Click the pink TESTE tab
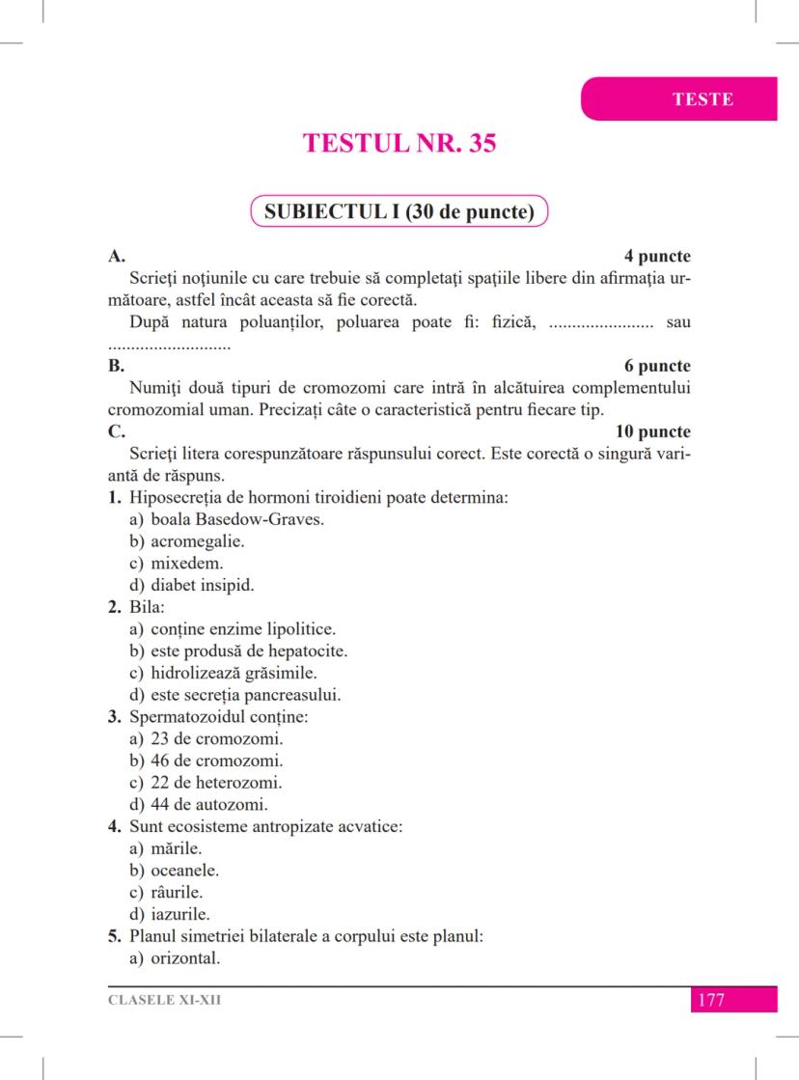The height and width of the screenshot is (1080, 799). (x=702, y=99)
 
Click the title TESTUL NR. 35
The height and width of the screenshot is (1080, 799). (x=399, y=143)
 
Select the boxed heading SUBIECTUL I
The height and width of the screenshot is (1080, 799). (x=399, y=211)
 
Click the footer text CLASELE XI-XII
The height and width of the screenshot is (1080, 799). (x=164, y=1000)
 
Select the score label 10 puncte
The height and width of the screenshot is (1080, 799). (x=652, y=431)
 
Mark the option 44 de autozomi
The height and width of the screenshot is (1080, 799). (x=199, y=804)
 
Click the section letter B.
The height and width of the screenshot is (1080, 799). (x=116, y=366)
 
